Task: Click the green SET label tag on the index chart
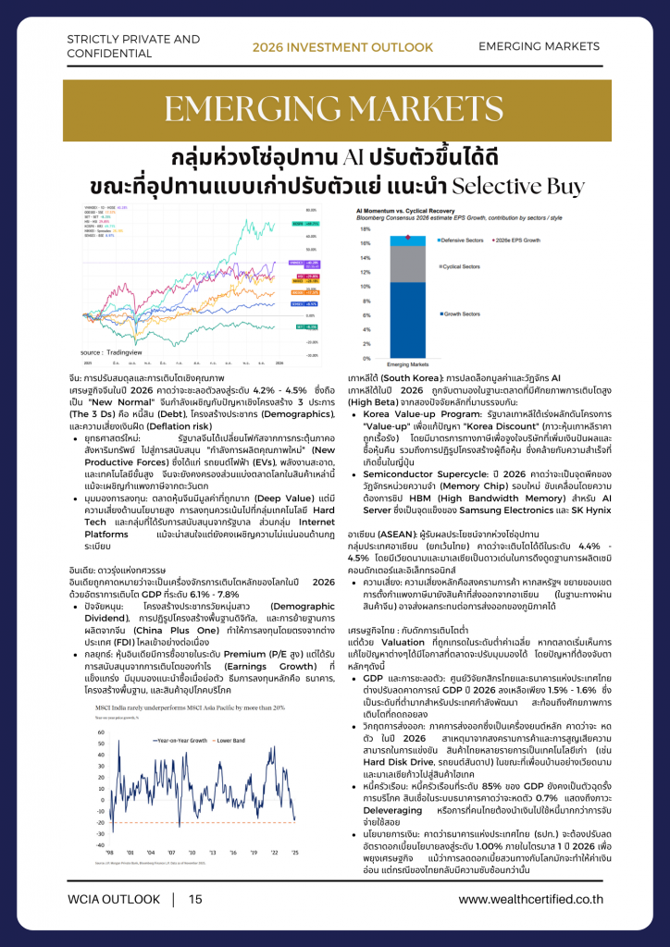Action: (x=300, y=326)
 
